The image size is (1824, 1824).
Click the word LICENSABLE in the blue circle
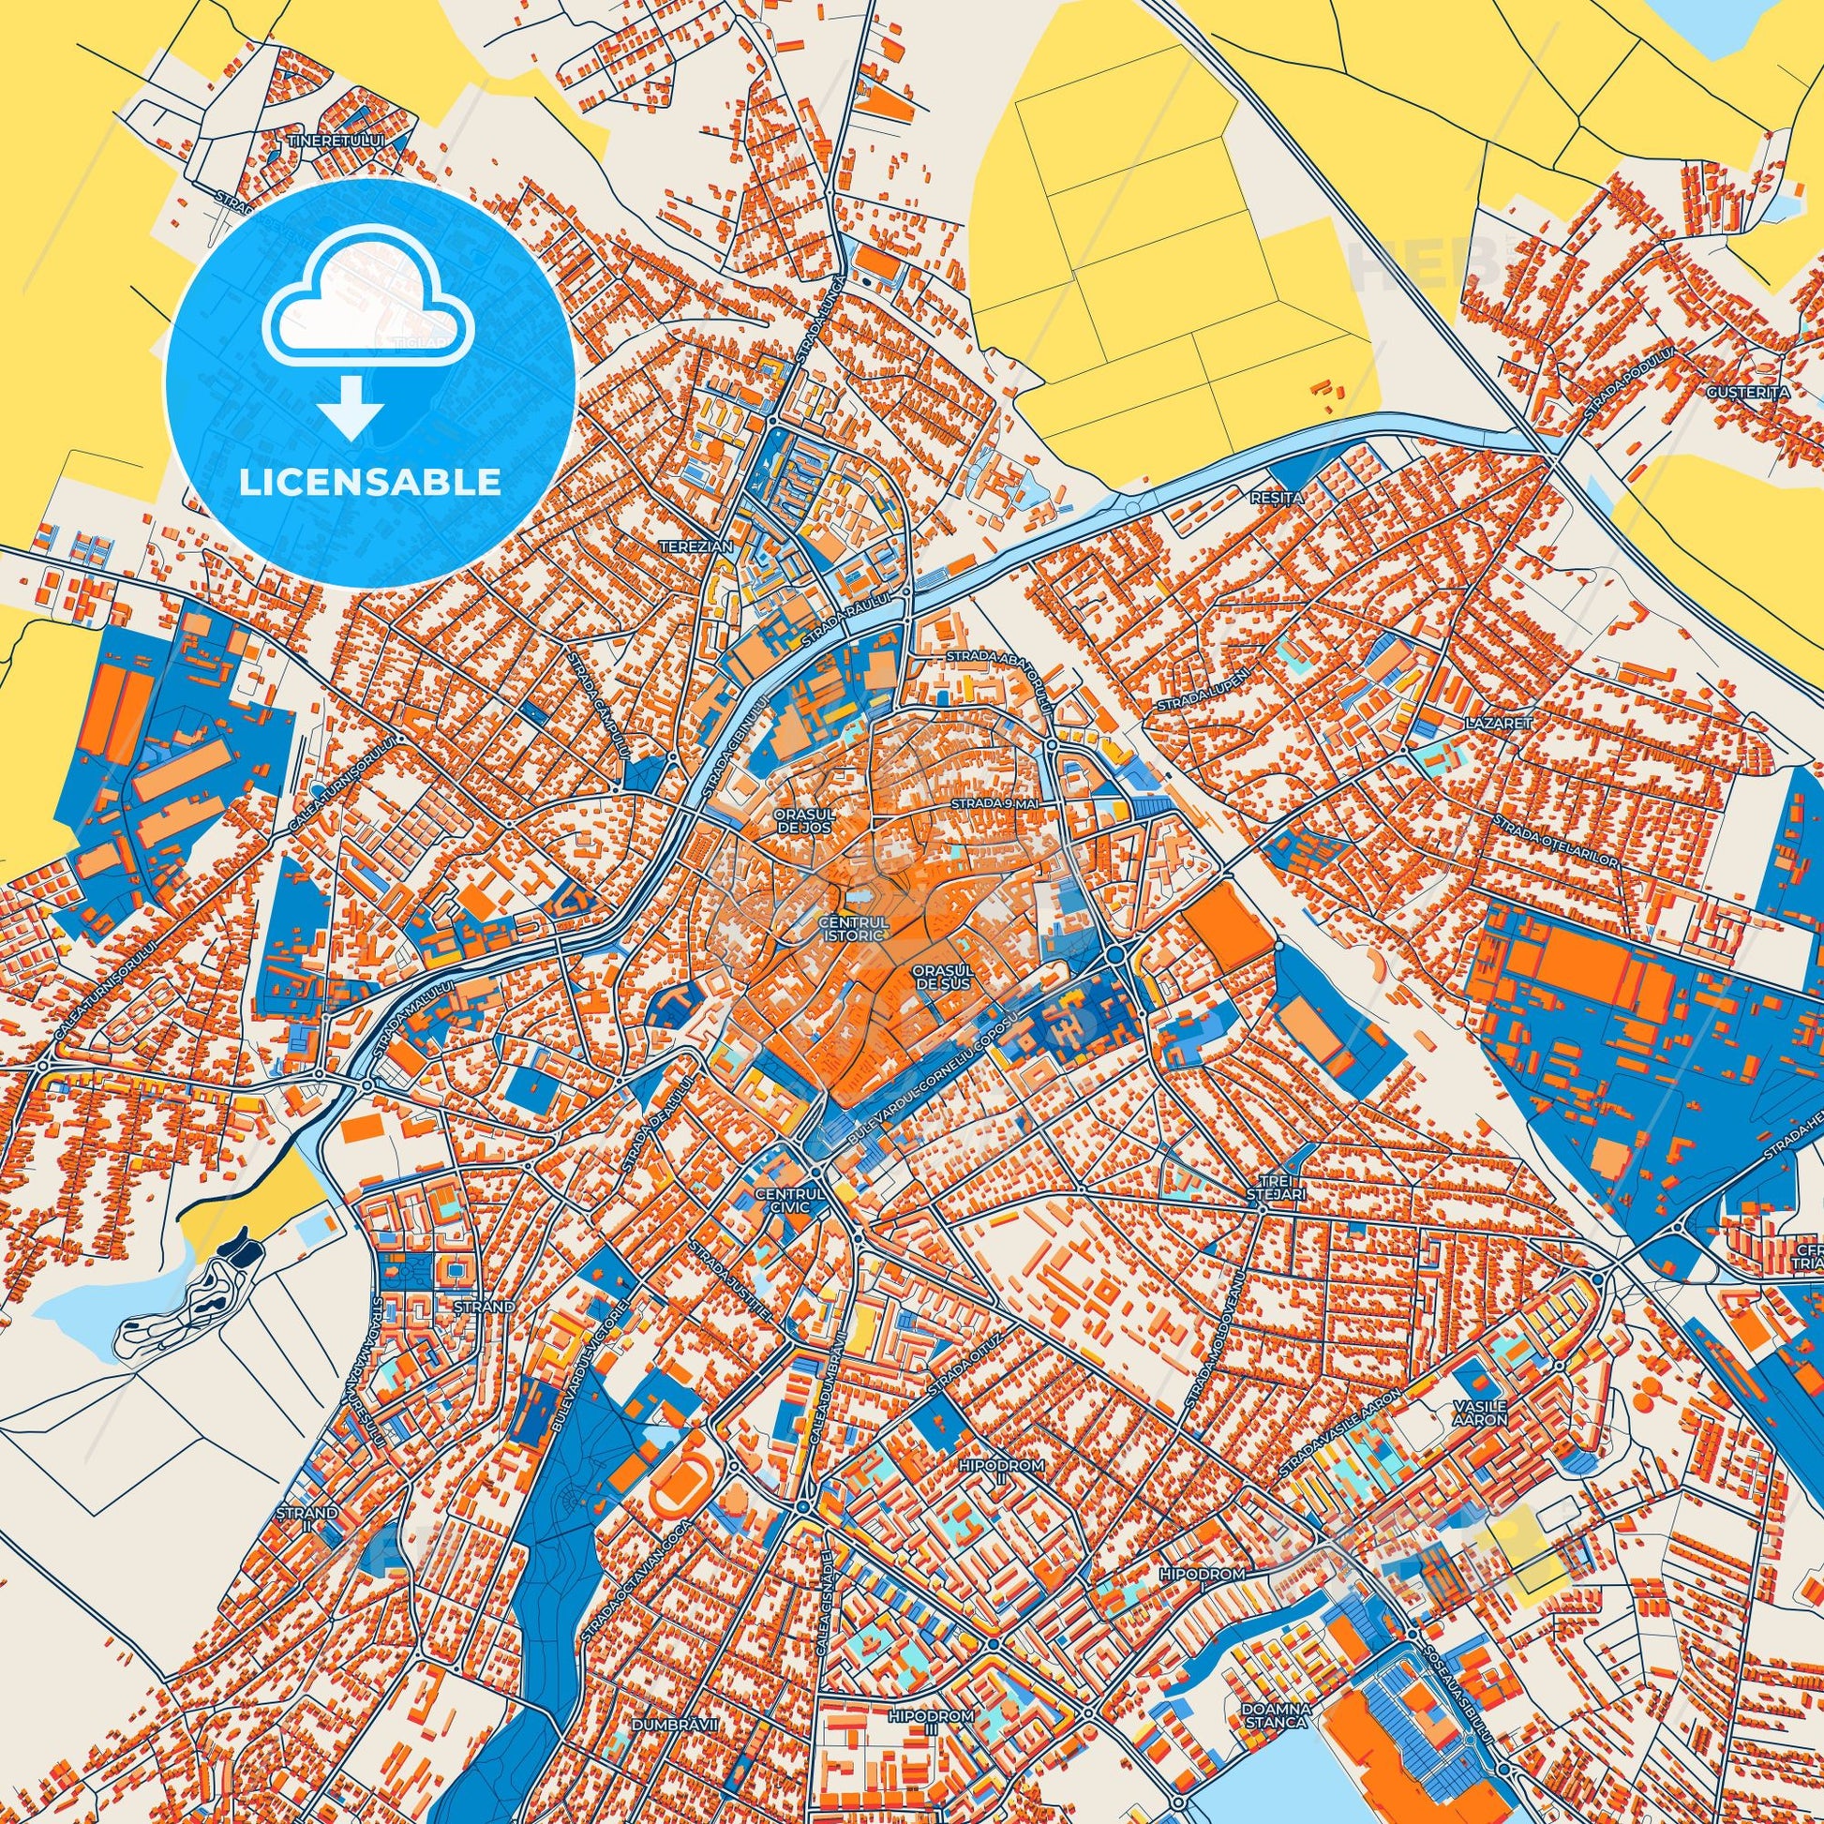370,483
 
